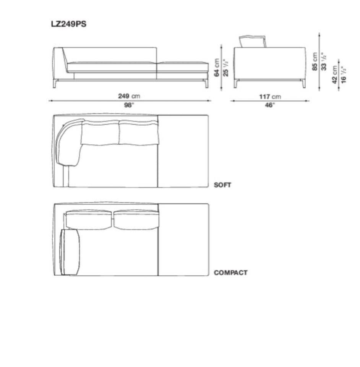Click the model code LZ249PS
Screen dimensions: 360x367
click(x=69, y=24)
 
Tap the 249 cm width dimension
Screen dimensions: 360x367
click(x=129, y=96)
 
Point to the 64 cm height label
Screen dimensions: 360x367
click(x=217, y=68)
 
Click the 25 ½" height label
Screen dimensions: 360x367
click(x=225, y=68)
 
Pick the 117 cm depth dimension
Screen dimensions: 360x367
click(x=270, y=97)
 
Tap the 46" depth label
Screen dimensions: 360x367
click(x=270, y=105)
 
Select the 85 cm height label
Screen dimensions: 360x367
click(x=315, y=61)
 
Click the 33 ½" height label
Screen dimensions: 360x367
click(x=324, y=61)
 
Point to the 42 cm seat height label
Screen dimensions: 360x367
click(x=334, y=74)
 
